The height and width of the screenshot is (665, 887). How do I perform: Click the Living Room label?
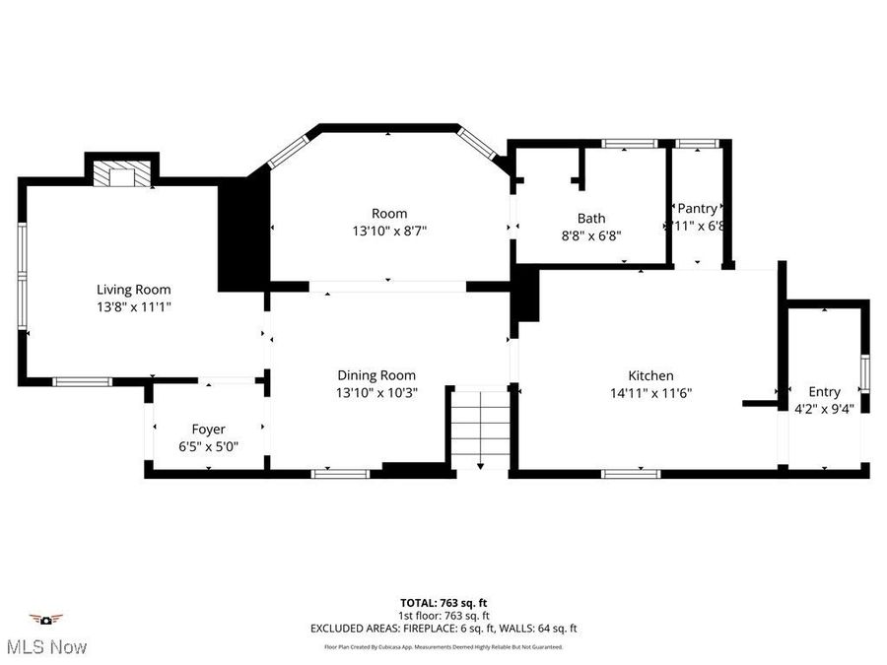click(133, 290)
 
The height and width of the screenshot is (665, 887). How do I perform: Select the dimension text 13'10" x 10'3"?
click(376, 392)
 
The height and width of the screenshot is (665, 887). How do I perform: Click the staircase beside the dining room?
click(479, 428)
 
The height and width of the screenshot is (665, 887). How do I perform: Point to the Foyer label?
click(208, 430)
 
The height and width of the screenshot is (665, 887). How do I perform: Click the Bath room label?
click(591, 219)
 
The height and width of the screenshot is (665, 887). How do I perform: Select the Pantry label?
click(697, 208)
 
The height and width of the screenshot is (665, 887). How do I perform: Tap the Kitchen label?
click(650, 375)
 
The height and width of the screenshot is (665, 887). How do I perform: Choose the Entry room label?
click(824, 391)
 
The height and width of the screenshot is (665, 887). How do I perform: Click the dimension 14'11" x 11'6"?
click(650, 392)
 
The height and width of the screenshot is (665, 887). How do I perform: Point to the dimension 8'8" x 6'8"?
click(591, 235)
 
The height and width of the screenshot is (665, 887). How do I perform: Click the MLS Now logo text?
click(46, 646)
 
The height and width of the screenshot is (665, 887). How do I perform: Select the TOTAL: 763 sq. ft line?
click(443, 602)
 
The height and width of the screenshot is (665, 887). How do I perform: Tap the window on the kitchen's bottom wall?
click(631, 474)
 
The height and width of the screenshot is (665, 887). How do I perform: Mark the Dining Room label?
click(376, 375)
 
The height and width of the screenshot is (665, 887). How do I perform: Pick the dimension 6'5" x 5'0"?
click(208, 446)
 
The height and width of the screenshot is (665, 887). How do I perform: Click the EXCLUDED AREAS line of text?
click(443, 628)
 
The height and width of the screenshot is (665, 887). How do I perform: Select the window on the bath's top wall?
click(630, 145)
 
